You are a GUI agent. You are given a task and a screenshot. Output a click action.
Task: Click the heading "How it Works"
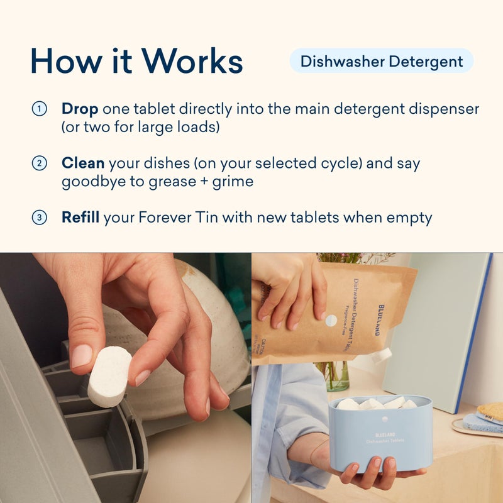(136, 61)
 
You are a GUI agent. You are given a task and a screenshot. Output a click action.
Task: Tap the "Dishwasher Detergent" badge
(381, 61)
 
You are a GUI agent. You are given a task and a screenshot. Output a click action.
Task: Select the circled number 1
(40, 109)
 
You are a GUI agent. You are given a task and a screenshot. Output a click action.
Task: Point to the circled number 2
(40, 163)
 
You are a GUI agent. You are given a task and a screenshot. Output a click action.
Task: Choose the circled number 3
(40, 218)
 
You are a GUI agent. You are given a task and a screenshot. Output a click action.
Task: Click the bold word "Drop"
(80, 109)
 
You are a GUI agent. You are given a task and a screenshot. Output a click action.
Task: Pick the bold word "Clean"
(83, 163)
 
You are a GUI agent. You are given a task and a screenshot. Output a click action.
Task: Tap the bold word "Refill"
(80, 218)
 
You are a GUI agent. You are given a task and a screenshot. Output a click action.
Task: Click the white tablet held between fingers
(109, 375)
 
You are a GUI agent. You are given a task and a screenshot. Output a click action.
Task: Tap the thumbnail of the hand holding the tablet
(126, 377)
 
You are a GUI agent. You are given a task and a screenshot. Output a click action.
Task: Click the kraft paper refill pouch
(340, 308)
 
